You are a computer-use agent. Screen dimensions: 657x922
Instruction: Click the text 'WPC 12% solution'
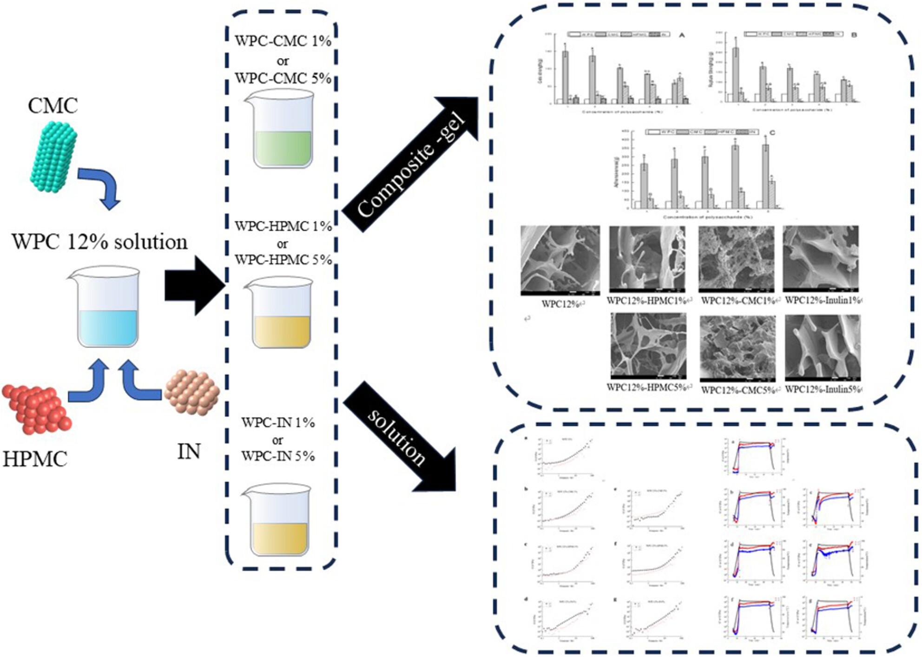click(x=99, y=242)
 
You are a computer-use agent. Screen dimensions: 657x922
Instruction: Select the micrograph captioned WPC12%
click(x=560, y=260)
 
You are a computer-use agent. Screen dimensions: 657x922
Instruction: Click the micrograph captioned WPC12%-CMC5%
click(x=738, y=348)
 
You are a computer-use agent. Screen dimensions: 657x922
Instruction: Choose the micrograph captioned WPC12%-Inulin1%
click(x=820, y=259)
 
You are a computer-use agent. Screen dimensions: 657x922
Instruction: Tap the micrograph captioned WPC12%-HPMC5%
click(x=648, y=346)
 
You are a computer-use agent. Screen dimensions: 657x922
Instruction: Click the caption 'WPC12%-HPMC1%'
click(x=648, y=301)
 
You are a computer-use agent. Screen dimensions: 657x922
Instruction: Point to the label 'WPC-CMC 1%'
click(x=283, y=41)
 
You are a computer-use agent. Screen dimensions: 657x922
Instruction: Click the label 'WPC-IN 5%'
click(x=278, y=456)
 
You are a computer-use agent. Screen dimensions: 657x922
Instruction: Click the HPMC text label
click(x=35, y=459)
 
